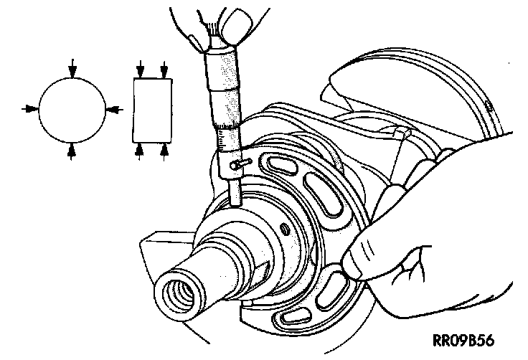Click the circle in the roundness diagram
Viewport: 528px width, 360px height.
tap(71, 108)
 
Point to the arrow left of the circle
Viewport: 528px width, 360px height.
tap(30, 108)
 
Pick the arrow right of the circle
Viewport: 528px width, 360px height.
tap(113, 108)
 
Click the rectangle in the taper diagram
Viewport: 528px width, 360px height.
tap(152, 109)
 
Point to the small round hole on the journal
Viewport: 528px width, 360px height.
tap(284, 228)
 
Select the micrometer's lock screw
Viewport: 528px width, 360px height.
tap(240, 165)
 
